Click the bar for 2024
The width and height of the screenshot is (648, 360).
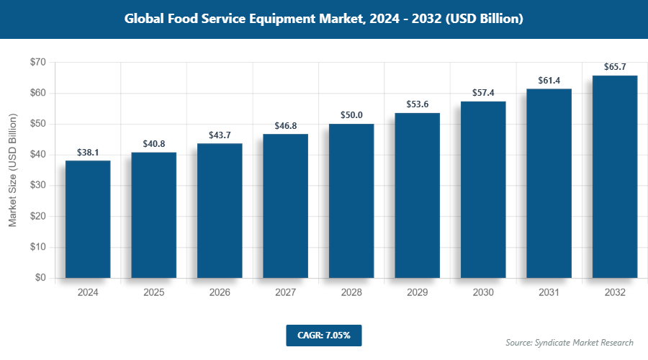click(88, 219)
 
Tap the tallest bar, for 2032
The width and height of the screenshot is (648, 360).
click(615, 176)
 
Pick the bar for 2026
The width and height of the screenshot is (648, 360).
click(220, 210)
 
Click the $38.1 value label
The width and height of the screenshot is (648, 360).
click(88, 153)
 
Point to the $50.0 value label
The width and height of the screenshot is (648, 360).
click(351, 115)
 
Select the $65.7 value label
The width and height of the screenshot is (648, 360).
click(615, 67)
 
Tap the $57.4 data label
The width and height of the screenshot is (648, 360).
click(483, 93)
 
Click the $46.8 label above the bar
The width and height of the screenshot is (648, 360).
click(286, 125)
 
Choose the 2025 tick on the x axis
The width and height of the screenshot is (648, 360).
click(153, 293)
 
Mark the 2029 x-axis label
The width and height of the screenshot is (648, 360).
click(417, 293)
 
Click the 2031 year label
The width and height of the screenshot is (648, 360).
click(549, 293)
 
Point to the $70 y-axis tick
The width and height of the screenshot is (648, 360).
click(37, 63)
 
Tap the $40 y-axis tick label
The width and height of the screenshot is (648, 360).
click(37, 155)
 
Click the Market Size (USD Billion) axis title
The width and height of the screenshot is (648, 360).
click(12, 170)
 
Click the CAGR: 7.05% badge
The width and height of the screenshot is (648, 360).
click(323, 335)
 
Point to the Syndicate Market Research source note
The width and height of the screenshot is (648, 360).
click(569, 343)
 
